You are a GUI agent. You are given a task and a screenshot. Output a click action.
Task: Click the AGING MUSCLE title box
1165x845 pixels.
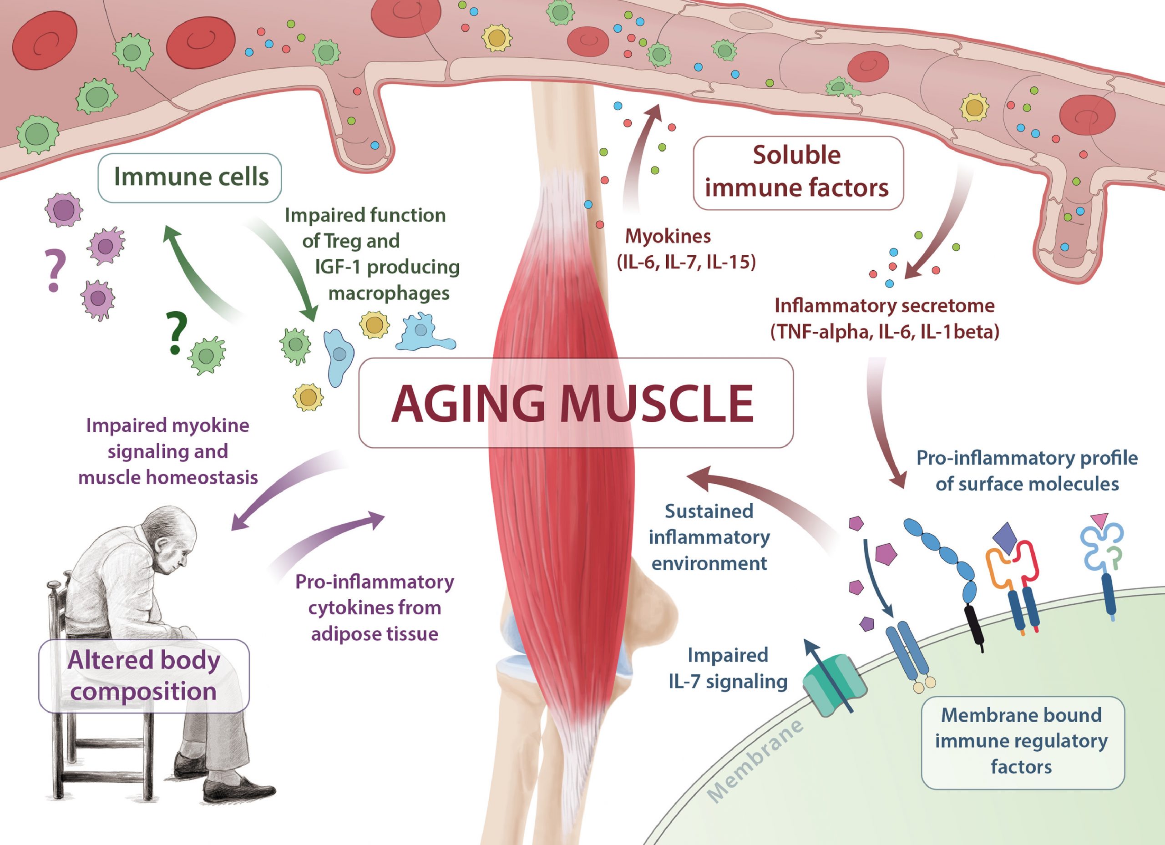click(x=575, y=403)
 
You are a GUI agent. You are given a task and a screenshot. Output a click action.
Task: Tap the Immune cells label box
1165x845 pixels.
click(x=190, y=177)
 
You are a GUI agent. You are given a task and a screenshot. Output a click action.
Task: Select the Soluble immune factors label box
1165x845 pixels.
click(x=797, y=172)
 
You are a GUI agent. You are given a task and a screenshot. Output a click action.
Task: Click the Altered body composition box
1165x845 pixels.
click(x=144, y=675)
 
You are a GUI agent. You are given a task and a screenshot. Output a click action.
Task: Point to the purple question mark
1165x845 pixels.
click(x=55, y=270)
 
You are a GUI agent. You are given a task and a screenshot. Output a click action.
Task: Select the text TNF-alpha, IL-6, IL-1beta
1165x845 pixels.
click(x=885, y=332)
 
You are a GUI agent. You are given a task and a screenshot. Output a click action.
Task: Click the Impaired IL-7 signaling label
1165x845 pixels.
click(x=727, y=668)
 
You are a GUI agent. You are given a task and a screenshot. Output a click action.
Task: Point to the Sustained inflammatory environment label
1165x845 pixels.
click(x=709, y=537)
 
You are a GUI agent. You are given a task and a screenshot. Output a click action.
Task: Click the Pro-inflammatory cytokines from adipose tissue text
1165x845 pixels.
click(x=375, y=607)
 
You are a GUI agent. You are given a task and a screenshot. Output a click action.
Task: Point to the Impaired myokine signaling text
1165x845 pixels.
click(x=167, y=451)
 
